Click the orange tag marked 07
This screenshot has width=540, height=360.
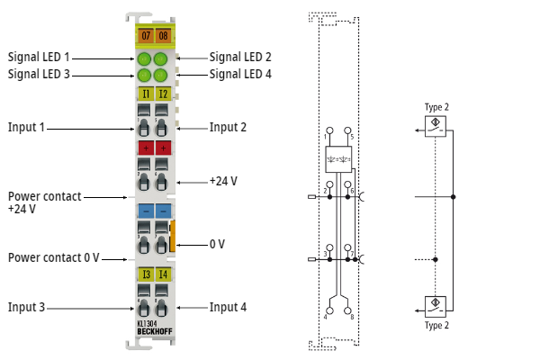pyautogui.click(x=144, y=35)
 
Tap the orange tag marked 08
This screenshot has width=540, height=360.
pyautogui.click(x=162, y=35)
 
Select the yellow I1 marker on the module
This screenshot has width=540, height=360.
pyautogui.click(x=144, y=93)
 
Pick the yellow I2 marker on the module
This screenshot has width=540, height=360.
pyautogui.click(x=162, y=93)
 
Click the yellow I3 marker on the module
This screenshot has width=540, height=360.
pyautogui.click(x=144, y=274)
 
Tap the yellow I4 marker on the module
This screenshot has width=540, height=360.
pyautogui.click(x=162, y=274)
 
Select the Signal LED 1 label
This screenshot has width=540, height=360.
pyautogui.click(x=39, y=57)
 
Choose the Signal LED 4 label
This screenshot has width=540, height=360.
pyautogui.click(x=240, y=74)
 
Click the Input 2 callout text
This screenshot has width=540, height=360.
pyautogui.click(x=228, y=127)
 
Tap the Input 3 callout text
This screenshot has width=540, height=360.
pyautogui.click(x=26, y=307)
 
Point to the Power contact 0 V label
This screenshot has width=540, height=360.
pyautogui.click(x=54, y=257)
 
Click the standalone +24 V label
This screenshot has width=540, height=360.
pyautogui.click(x=223, y=181)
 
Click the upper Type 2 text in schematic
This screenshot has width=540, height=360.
pyautogui.click(x=436, y=107)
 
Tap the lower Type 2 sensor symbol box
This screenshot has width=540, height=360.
pyautogui.click(x=436, y=303)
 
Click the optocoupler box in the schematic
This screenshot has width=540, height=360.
pyautogui.click(x=339, y=158)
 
